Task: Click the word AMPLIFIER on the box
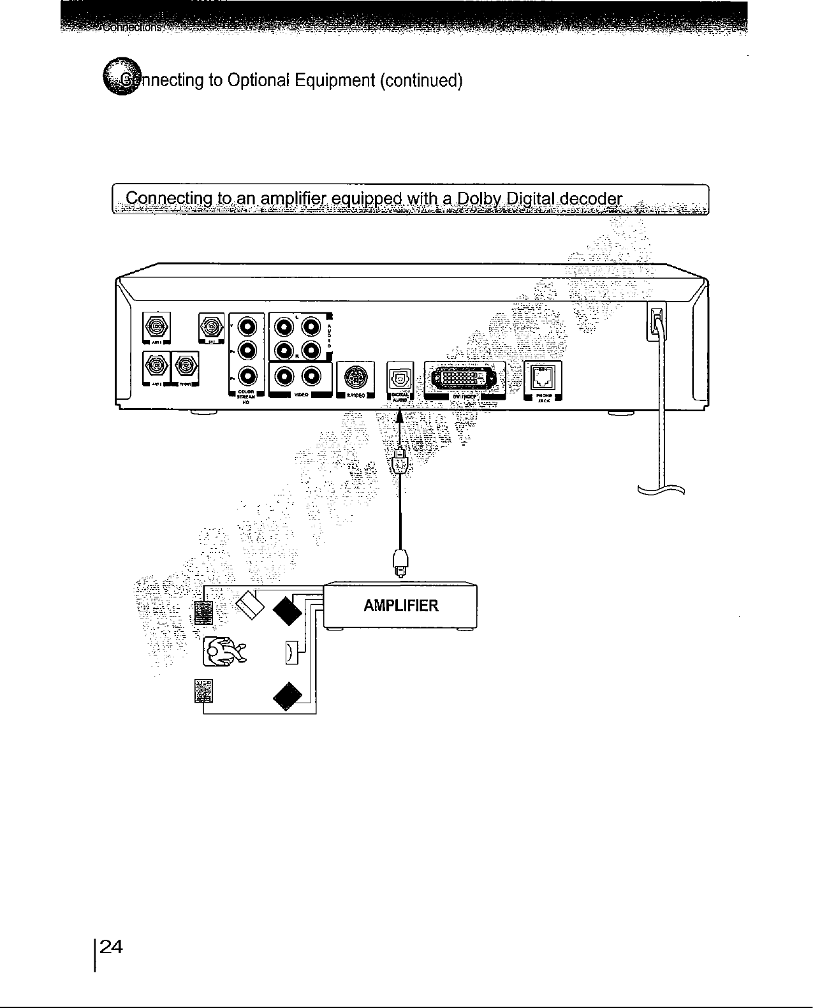400,606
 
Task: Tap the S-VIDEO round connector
354,377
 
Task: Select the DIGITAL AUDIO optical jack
400,377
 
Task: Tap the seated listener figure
222,652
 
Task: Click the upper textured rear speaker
203,613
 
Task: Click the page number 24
110,947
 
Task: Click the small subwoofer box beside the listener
290,652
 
